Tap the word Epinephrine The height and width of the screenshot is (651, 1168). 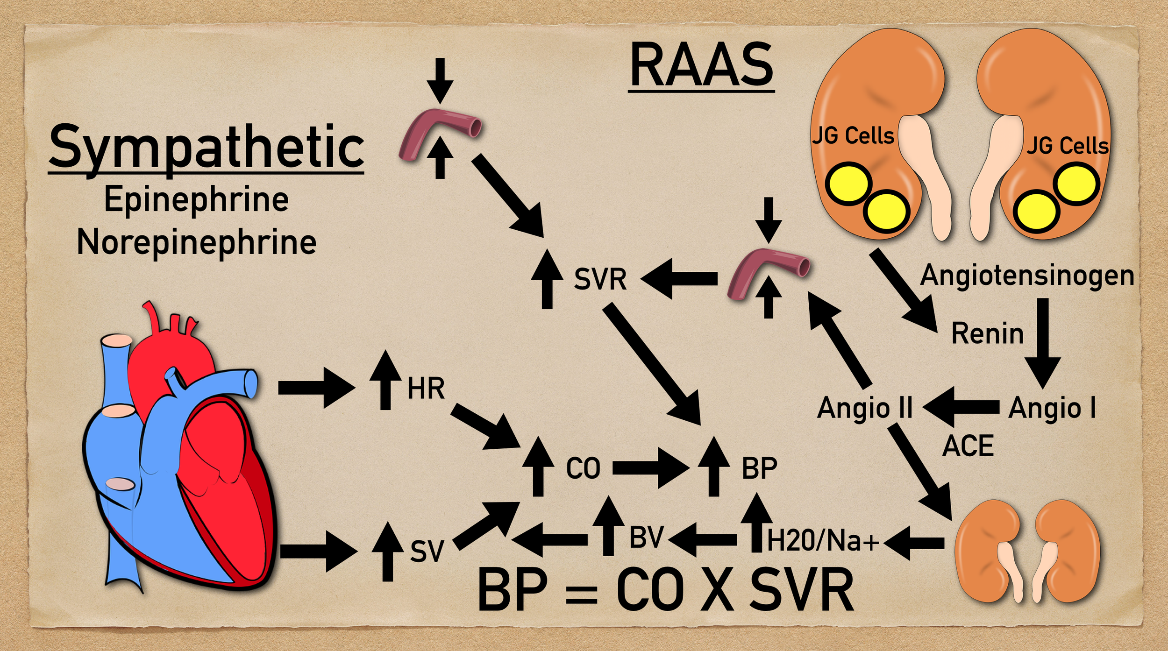(x=196, y=200)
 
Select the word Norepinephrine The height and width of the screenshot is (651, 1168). (x=197, y=242)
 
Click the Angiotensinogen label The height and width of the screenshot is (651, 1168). (x=1027, y=276)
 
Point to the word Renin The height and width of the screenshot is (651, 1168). (x=988, y=334)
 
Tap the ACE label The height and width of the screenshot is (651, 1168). (x=968, y=446)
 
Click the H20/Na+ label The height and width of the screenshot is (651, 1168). (x=822, y=541)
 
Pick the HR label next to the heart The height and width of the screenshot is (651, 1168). (x=426, y=389)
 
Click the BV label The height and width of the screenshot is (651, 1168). (x=647, y=538)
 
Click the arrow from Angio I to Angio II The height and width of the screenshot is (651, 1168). (x=961, y=407)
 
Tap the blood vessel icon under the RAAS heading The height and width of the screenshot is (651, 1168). (x=769, y=273)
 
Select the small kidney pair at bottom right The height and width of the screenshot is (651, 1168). (x=1027, y=551)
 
